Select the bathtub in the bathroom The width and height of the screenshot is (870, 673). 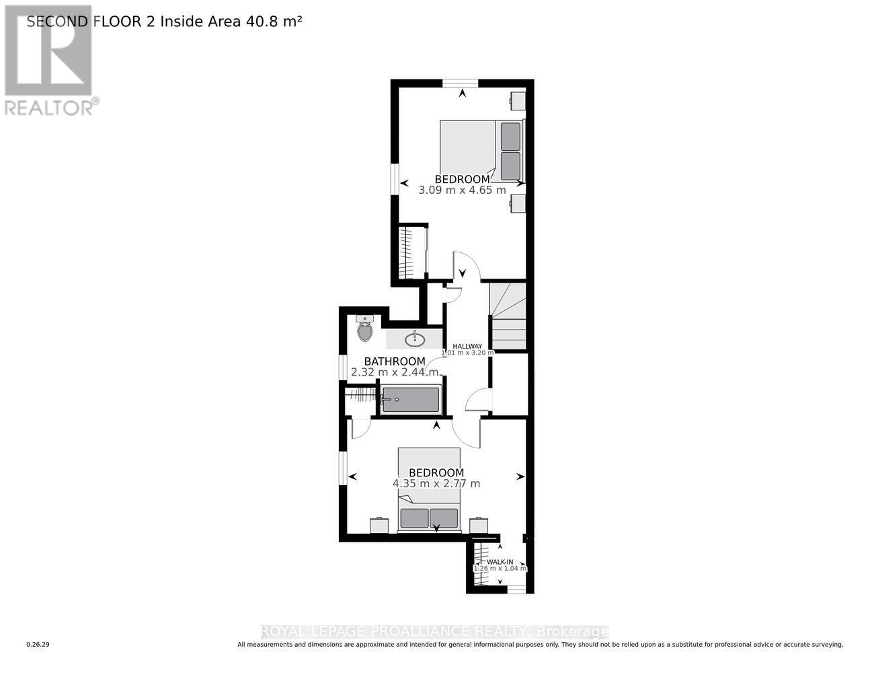pos(410,400)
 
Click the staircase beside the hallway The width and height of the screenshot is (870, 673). pos(508,316)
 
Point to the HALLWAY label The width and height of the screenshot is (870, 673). pos(467,346)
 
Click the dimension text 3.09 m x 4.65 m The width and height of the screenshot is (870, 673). pos(462,190)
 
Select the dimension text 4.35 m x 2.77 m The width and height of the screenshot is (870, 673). pos(436,483)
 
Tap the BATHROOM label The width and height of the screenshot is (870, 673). pos(395,361)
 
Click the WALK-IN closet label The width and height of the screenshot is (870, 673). pos(500,562)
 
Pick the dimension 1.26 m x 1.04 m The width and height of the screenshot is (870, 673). pos(500,569)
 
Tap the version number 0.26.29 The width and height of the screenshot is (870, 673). pos(38,645)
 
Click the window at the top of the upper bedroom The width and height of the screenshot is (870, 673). pos(461,83)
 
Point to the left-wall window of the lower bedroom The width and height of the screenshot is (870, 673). pos(343,467)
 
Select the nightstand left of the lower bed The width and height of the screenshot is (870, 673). pos(379,525)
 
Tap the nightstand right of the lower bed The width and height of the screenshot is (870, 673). pos(479,525)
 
